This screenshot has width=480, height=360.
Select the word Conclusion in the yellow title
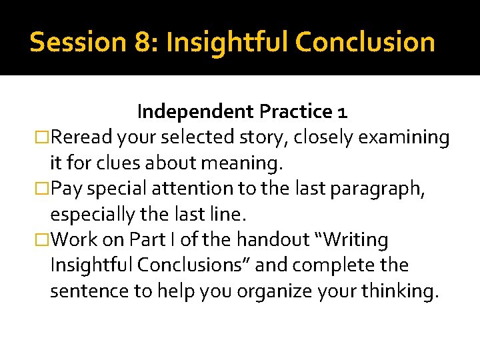[365, 42]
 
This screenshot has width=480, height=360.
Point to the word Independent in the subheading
[196, 111]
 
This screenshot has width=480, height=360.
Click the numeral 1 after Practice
[342, 111]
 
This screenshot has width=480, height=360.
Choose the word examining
[404, 137]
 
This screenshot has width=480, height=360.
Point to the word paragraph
[384, 189]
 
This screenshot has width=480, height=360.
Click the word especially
[97, 215]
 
